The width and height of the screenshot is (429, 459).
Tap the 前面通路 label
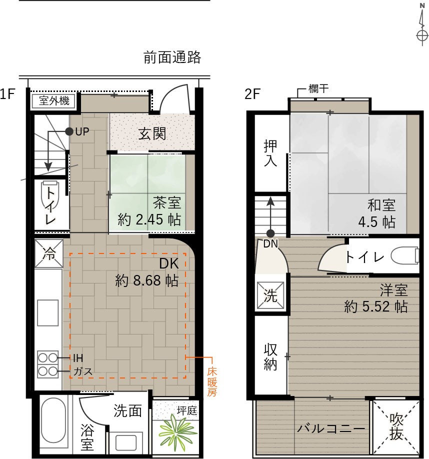(x=172, y=57)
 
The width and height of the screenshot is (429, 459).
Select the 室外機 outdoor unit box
(x=54, y=101)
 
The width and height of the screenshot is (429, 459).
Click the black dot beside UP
(x=69, y=131)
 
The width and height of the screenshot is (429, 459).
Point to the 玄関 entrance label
(x=152, y=134)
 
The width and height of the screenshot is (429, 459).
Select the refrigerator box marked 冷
(x=49, y=253)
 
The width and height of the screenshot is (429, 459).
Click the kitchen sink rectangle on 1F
(x=47, y=312)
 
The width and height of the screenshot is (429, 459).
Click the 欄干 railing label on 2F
(x=318, y=88)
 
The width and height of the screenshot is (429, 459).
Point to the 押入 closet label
(x=270, y=153)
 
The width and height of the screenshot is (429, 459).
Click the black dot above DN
(x=270, y=233)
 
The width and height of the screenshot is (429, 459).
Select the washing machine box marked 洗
(x=270, y=295)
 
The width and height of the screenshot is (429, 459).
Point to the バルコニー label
(x=331, y=429)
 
